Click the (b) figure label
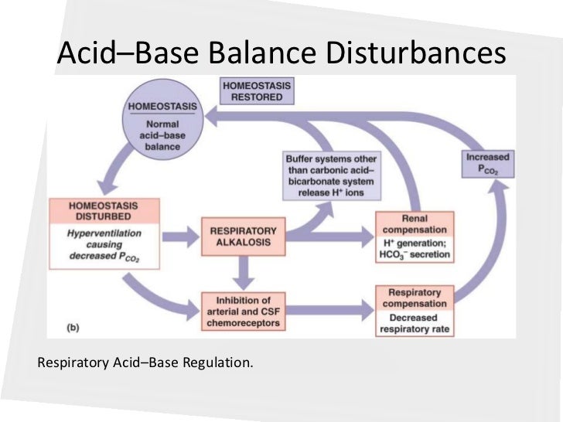(x=72, y=328)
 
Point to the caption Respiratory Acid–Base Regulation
(x=145, y=361)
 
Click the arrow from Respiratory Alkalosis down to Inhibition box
(x=243, y=271)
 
